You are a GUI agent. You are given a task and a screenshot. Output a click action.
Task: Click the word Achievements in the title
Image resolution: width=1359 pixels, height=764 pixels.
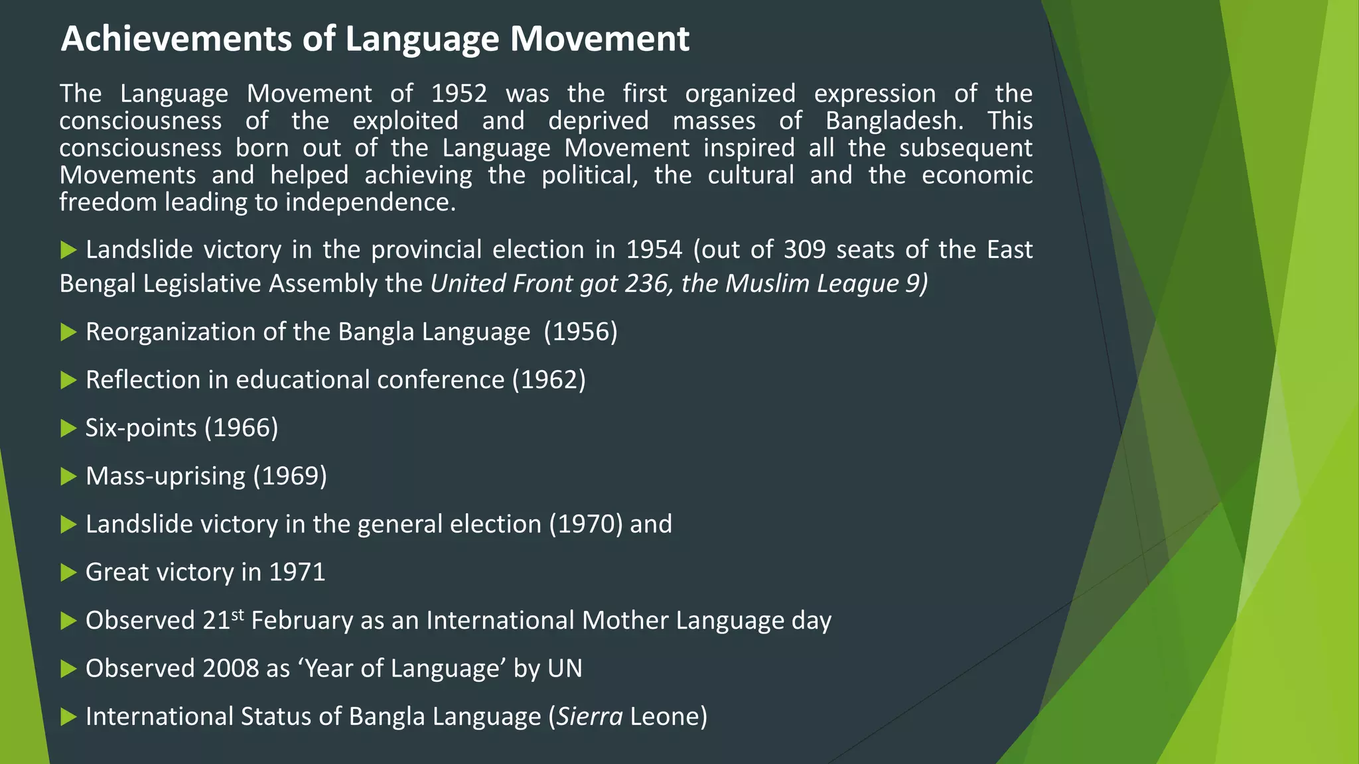(177, 39)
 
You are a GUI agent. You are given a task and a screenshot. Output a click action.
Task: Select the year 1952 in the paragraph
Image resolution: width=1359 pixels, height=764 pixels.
(459, 94)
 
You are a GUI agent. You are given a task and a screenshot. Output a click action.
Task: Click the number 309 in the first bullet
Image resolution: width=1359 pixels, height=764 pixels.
(804, 250)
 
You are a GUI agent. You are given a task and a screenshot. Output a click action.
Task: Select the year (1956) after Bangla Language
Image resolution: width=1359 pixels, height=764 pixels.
(581, 332)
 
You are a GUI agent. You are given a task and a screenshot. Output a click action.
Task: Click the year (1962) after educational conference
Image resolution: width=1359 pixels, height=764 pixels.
(549, 380)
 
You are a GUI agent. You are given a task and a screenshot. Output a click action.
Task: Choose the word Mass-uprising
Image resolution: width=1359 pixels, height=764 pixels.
(165, 476)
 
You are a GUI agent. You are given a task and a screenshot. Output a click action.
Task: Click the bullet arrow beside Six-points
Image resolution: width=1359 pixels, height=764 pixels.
(68, 428)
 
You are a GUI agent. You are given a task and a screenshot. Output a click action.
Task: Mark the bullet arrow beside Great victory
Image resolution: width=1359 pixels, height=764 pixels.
(68, 572)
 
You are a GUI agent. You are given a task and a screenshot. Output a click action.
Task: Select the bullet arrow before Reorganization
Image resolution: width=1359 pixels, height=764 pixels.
(68, 332)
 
